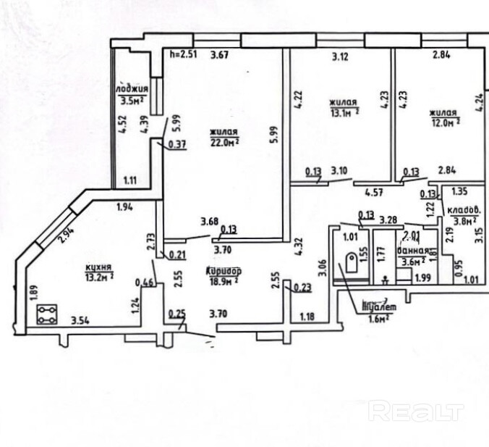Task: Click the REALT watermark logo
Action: [415, 412]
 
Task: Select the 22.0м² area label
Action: [225, 143]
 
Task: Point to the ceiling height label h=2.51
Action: [182, 54]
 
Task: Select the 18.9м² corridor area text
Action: [224, 280]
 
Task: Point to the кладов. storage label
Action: [467, 210]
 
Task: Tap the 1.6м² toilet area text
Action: [378, 316]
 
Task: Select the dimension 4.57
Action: [373, 193]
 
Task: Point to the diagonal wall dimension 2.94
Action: [66, 233]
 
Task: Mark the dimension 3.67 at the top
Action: [219, 54]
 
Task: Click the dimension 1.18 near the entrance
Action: [307, 316]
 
